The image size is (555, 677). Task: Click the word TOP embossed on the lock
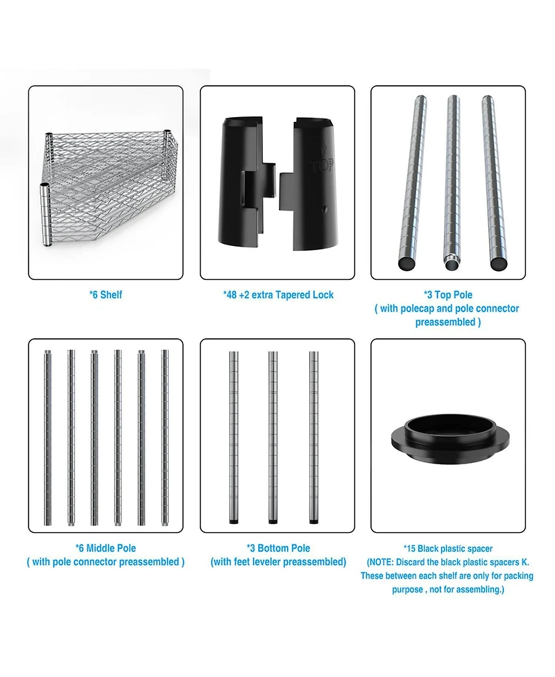(x=322, y=166)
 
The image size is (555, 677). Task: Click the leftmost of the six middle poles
(x=48, y=437)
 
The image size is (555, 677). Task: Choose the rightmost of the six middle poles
(x=164, y=437)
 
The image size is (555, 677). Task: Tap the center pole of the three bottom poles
(x=273, y=437)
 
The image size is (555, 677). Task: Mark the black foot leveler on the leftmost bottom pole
(x=233, y=522)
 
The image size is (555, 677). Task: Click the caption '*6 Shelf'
(x=106, y=295)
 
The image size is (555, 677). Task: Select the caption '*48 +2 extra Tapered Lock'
(x=278, y=295)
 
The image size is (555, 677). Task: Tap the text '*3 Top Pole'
(x=447, y=295)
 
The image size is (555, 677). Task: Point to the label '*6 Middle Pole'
(x=106, y=548)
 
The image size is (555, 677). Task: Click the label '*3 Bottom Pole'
(x=278, y=548)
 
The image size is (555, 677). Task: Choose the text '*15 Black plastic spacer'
(x=448, y=549)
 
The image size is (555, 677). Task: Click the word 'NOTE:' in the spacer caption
(x=381, y=563)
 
